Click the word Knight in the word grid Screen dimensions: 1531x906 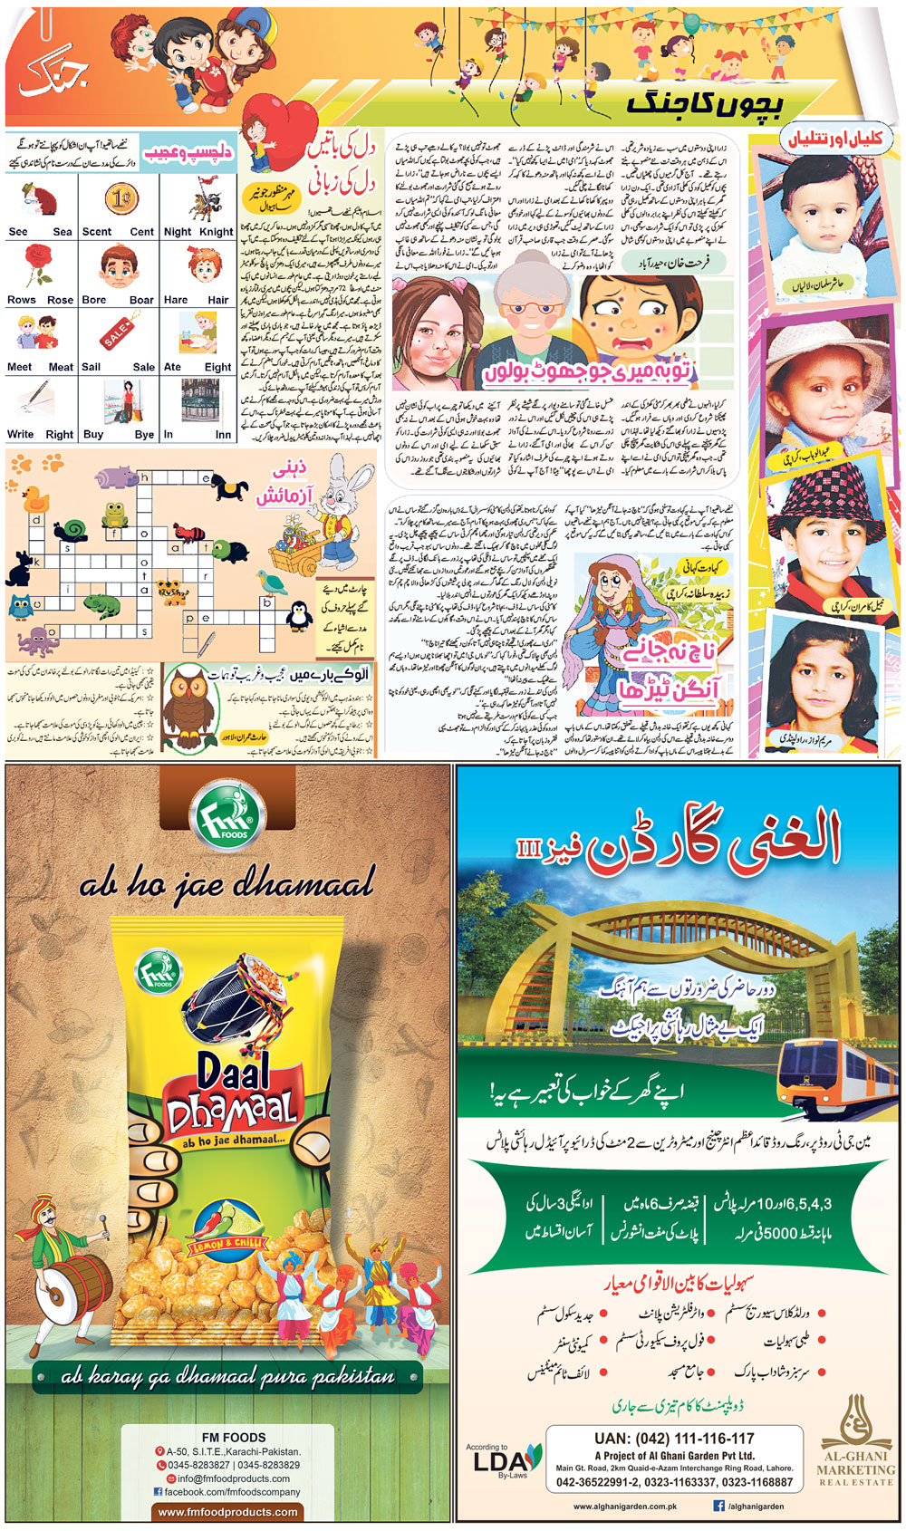[217, 232]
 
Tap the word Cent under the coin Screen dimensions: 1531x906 [142, 232]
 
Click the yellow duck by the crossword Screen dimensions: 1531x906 [35, 498]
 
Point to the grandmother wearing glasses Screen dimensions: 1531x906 [520, 313]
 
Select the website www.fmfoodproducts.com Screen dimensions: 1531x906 [227, 1511]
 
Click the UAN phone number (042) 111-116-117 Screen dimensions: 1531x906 [674, 1438]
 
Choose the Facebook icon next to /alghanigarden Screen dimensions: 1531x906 [718, 1506]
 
